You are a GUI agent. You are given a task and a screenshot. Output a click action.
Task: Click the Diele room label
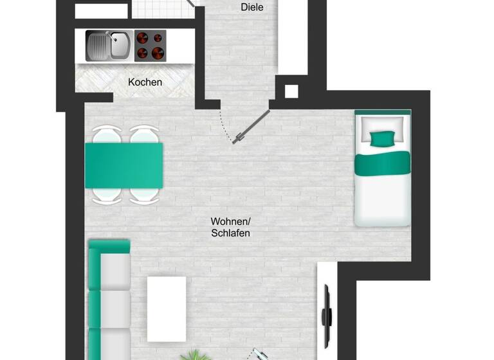coord(252,7)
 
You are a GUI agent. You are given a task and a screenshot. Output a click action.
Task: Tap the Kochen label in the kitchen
coord(145,82)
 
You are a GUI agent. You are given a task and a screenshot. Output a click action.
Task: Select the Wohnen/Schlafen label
coord(230,227)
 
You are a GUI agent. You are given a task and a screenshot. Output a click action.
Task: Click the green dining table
coord(123,165)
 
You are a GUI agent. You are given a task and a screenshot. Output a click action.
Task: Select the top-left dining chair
coord(106,136)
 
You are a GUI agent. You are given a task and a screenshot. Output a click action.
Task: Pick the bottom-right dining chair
coord(144,195)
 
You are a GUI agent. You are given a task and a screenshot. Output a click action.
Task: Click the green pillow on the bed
coord(383,138)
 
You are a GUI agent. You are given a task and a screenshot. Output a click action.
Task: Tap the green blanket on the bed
coord(383,163)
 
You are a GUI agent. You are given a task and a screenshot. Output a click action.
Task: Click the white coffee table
coord(167,309)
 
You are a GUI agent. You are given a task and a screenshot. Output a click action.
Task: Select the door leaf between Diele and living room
coord(253,127)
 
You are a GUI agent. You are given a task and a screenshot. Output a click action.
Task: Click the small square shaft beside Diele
coord(291,91)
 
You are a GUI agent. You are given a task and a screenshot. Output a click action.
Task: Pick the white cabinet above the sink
coord(102,11)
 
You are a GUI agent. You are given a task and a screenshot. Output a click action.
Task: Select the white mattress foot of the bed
coord(383,199)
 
